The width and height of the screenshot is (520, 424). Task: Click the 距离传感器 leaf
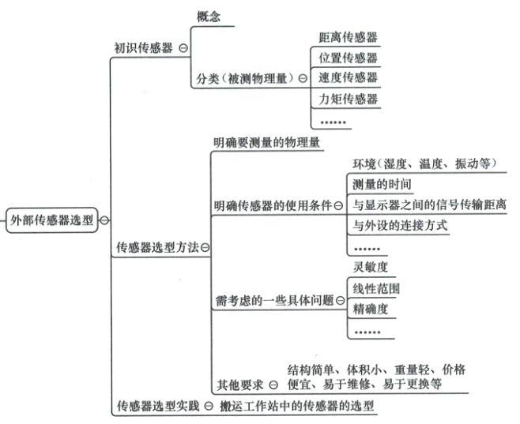[x=348, y=37]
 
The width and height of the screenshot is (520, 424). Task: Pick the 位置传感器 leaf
[x=348, y=58]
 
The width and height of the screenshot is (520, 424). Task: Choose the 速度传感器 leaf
[x=348, y=77]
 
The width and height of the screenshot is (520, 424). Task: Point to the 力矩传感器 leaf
[x=348, y=99]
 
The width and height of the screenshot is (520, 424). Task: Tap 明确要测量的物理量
[x=266, y=143]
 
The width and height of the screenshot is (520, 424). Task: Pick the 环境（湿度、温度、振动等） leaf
[x=424, y=163]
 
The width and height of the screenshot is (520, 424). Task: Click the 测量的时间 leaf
[x=381, y=184]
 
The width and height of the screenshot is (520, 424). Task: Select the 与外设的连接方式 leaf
[x=400, y=226]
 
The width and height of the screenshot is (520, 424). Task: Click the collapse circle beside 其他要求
[x=273, y=385]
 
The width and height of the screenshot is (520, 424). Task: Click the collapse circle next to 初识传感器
[x=183, y=48]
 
